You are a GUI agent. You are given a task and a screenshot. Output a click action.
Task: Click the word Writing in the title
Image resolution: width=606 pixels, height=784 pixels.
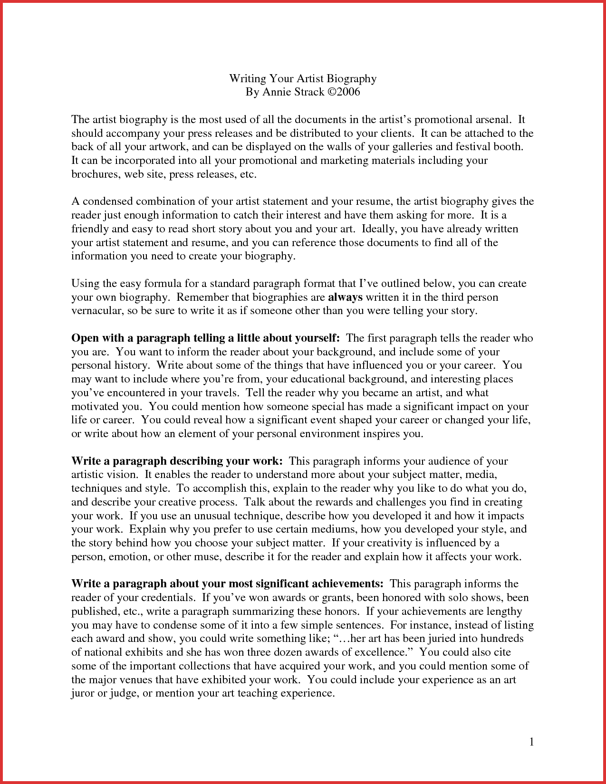point(247,79)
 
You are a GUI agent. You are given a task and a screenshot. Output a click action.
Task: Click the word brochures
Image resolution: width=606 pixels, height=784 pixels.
point(96,174)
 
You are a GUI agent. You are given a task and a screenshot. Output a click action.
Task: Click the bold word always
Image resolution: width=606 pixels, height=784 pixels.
point(345,297)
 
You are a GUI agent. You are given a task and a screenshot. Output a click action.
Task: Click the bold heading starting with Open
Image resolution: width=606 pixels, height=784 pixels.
point(205,338)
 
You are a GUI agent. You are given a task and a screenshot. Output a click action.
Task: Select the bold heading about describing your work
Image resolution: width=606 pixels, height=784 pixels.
point(177,461)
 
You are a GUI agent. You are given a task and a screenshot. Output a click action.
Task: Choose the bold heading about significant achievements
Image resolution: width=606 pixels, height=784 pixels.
point(227,583)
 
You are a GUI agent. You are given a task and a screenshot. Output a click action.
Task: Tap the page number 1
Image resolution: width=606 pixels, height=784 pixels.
point(532,742)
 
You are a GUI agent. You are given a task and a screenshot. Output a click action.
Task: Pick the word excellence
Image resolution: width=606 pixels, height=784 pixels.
point(385,652)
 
